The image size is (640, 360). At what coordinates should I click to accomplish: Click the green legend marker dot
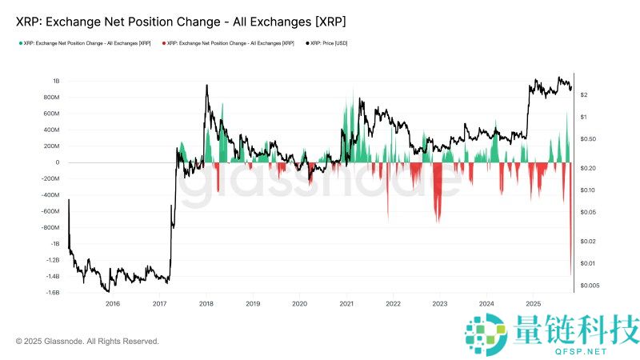point(19,42)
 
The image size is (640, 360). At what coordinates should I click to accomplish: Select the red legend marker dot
point(163,42)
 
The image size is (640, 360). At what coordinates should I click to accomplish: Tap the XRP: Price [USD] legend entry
point(330,42)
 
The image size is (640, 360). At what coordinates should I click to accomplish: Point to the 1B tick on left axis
point(56,81)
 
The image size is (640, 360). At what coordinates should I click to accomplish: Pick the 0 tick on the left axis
point(58,162)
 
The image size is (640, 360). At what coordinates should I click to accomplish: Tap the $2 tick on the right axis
point(585,95)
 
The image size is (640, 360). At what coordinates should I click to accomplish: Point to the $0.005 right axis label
point(590,286)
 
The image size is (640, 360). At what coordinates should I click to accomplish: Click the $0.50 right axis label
point(589,139)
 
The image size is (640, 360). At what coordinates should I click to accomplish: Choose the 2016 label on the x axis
point(113,304)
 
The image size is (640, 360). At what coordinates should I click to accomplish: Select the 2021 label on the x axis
point(346,304)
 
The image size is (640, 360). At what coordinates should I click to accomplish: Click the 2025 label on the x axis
point(533,304)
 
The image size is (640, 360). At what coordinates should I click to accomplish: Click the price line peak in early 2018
point(207,86)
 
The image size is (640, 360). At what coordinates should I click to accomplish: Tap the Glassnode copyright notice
point(87,342)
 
